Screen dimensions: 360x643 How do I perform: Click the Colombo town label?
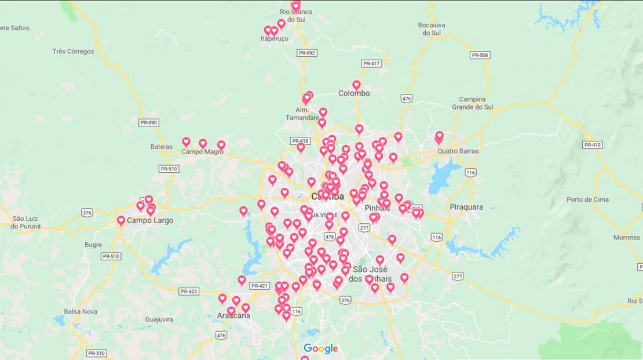(x=354, y=93)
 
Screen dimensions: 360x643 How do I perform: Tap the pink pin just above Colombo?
(x=356, y=85)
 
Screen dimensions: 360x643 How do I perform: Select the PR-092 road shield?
(x=307, y=53)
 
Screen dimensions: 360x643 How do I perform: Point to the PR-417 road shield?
(x=371, y=63)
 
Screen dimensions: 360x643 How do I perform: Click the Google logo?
(x=320, y=348)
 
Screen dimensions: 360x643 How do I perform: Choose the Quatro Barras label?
(x=458, y=151)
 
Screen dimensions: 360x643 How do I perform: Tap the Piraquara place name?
(x=466, y=207)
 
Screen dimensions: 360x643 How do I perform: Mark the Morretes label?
(x=627, y=238)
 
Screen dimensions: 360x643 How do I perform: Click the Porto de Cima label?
(x=587, y=200)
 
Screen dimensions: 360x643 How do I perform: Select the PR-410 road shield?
(x=593, y=144)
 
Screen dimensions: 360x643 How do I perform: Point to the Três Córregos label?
(x=73, y=52)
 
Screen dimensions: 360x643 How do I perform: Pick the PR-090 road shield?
(x=149, y=122)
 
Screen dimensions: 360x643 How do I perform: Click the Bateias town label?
(x=161, y=147)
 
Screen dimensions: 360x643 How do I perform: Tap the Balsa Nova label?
(x=81, y=312)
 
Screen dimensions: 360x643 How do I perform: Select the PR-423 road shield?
(x=189, y=292)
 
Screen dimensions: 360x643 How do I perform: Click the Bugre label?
(x=93, y=245)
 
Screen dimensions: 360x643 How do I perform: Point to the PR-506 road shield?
(x=480, y=55)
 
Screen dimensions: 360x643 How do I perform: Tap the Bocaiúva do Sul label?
(x=432, y=29)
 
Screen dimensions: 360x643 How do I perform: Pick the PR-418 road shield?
(x=300, y=141)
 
